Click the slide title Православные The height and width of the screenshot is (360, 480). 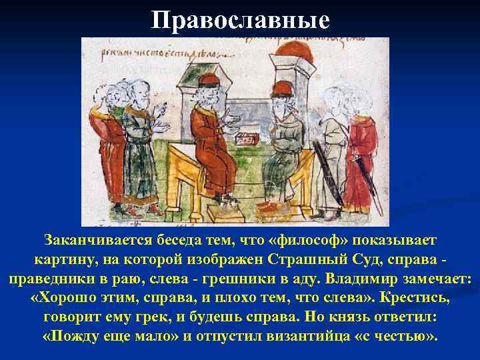[240, 20]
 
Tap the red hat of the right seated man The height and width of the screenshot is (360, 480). [283, 88]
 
